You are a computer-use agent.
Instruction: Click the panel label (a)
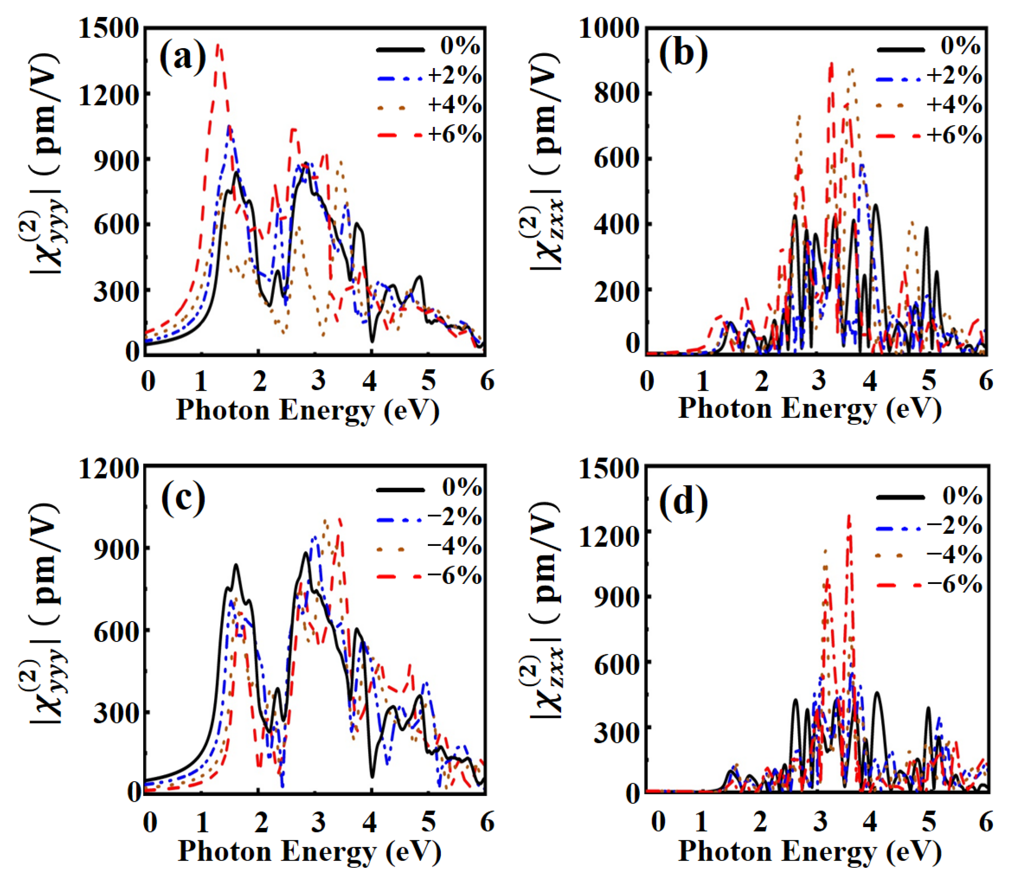[183, 58]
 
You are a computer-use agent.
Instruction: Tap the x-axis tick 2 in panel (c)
[261, 822]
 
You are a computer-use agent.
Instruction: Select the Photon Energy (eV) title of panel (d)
[809, 850]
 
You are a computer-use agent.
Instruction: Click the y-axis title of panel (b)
[545, 162]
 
